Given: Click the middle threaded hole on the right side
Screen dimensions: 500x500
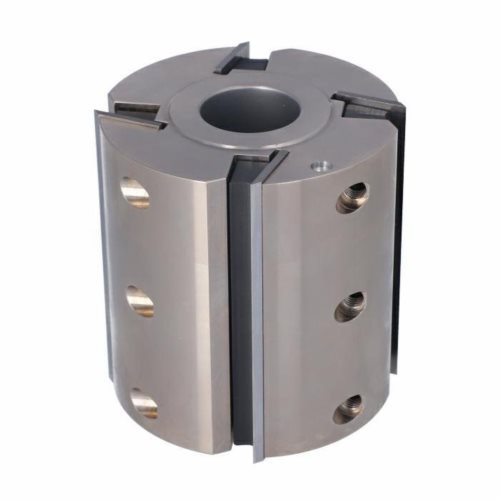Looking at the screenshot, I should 349,306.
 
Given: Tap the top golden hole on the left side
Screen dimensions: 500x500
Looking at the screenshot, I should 134,191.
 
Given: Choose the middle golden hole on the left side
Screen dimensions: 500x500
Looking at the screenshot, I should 140,301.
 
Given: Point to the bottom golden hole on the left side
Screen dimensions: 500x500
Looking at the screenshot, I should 143,403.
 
